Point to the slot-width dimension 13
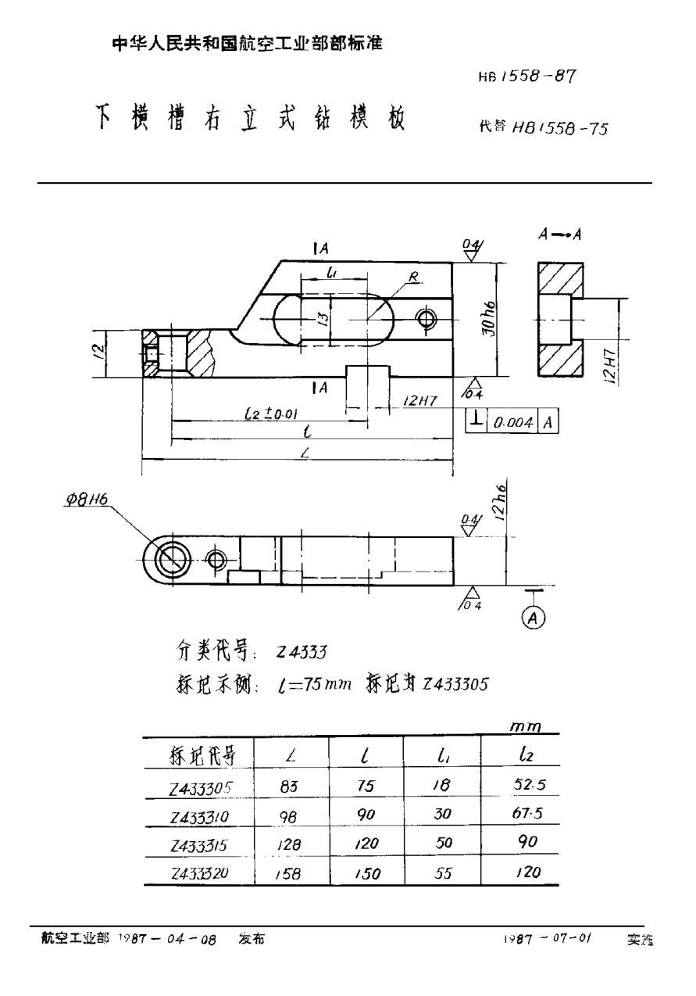pyautogui.click(x=319, y=319)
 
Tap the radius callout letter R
pyautogui.click(x=414, y=276)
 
